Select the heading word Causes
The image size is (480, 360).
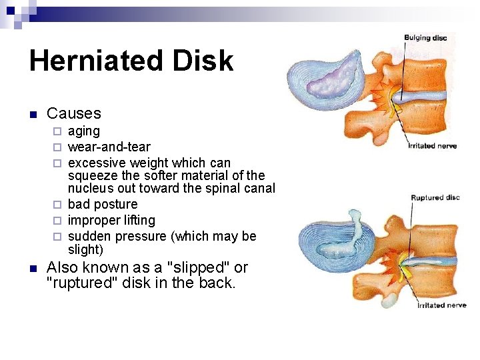(x=74, y=114)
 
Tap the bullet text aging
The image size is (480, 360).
(x=84, y=131)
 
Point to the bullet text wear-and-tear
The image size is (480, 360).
(x=109, y=147)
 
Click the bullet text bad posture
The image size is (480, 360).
(x=103, y=205)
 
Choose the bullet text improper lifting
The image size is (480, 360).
(x=111, y=220)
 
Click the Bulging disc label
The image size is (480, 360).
(x=425, y=38)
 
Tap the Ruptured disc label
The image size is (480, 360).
(x=435, y=197)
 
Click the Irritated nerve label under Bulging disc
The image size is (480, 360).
(x=431, y=145)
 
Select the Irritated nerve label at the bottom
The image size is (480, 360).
(x=441, y=305)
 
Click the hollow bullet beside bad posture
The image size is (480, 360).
(x=58, y=205)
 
